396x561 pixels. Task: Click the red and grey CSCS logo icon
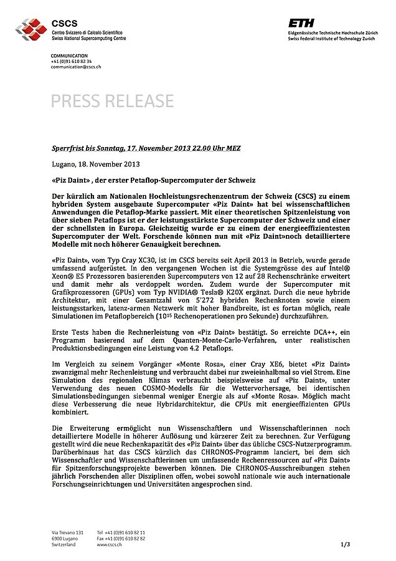(x=31, y=29)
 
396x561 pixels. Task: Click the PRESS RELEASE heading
(x=112, y=101)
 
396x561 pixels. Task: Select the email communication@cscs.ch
(x=76, y=67)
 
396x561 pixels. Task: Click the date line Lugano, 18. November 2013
(x=96, y=165)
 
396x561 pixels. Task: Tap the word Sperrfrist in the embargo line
(x=67, y=148)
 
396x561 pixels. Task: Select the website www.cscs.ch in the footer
(x=109, y=544)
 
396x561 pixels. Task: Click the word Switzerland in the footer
(x=64, y=544)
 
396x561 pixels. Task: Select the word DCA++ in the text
(x=311, y=331)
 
